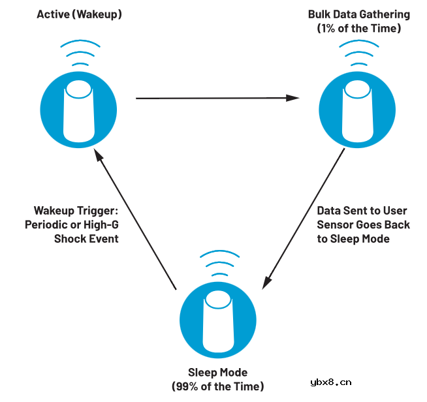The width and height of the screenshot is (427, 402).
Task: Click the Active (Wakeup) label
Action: tap(80, 14)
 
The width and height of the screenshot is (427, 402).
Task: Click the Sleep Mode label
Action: tap(218, 373)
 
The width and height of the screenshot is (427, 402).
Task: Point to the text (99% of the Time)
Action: tap(218, 386)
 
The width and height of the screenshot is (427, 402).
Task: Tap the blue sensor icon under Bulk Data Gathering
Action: tap(356, 109)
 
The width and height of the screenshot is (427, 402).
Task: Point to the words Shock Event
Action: tap(86, 238)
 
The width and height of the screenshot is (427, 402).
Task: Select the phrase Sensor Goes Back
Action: tap(363, 224)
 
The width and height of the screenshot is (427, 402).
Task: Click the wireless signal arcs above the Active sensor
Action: tap(80, 55)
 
